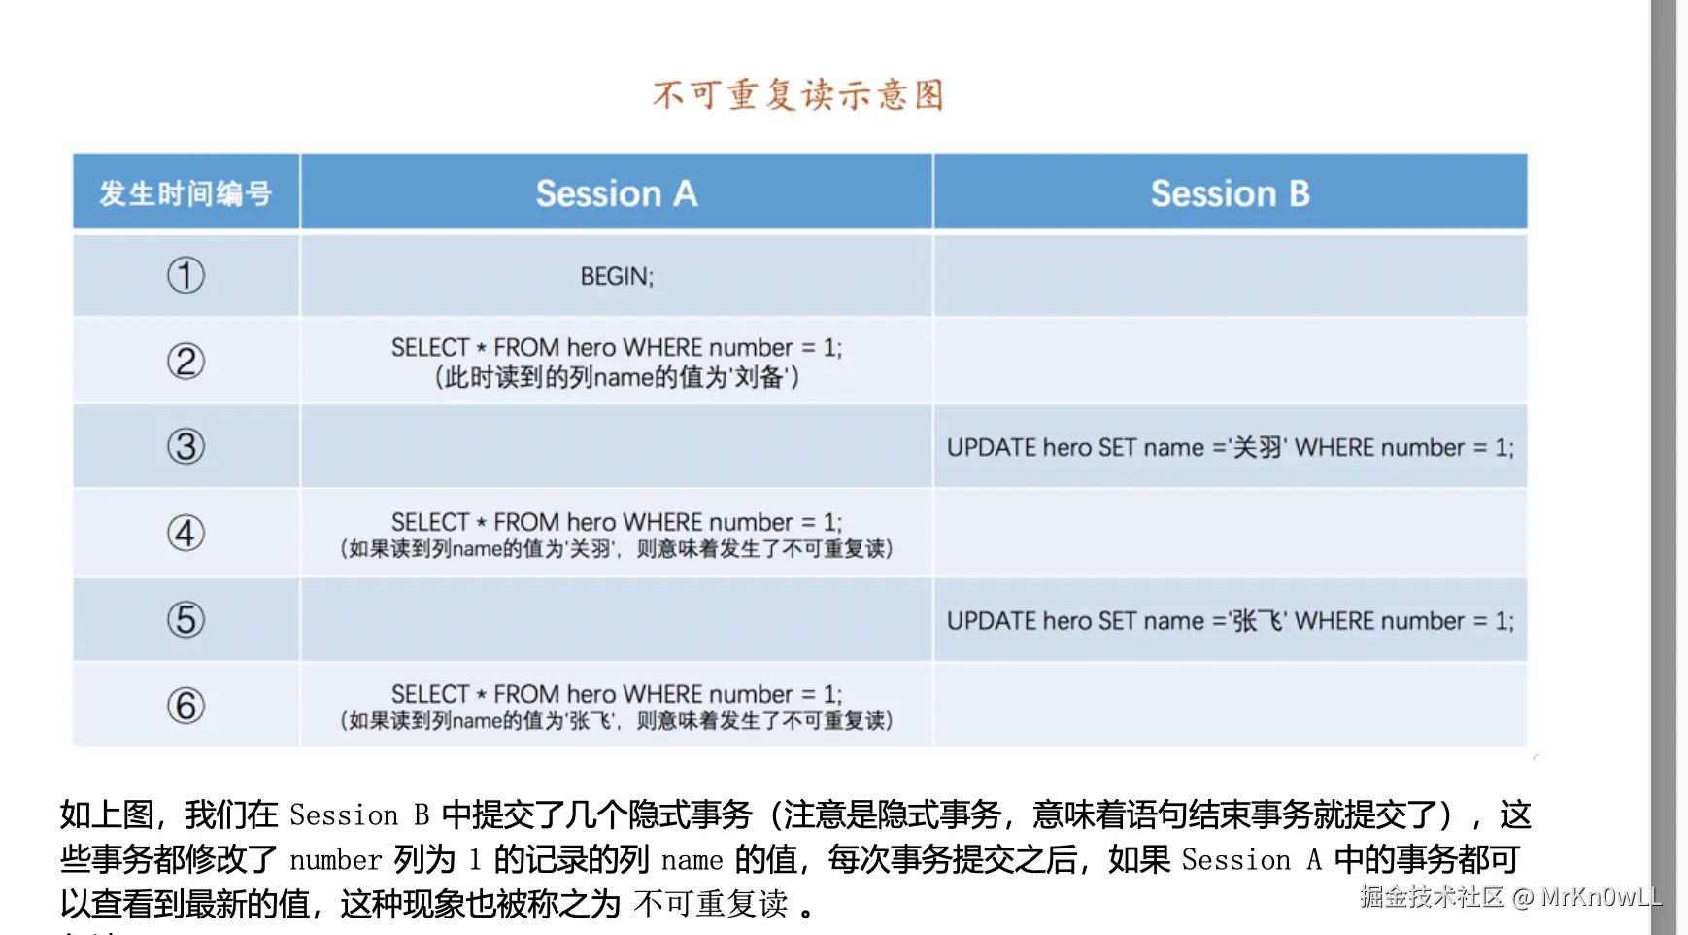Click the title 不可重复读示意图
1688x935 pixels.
798,95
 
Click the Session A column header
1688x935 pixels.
617,193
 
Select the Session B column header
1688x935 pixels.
1231,193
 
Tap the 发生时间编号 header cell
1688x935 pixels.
186,193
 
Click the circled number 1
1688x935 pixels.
186,275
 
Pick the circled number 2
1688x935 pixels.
186,362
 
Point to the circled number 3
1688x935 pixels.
186,447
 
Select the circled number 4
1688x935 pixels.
186,533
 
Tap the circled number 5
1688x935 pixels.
186,619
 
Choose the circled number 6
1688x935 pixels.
186,706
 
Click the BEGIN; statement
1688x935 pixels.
617,277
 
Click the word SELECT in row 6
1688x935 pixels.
430,694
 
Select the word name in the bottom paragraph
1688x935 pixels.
692,860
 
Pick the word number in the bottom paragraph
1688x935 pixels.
336,860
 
